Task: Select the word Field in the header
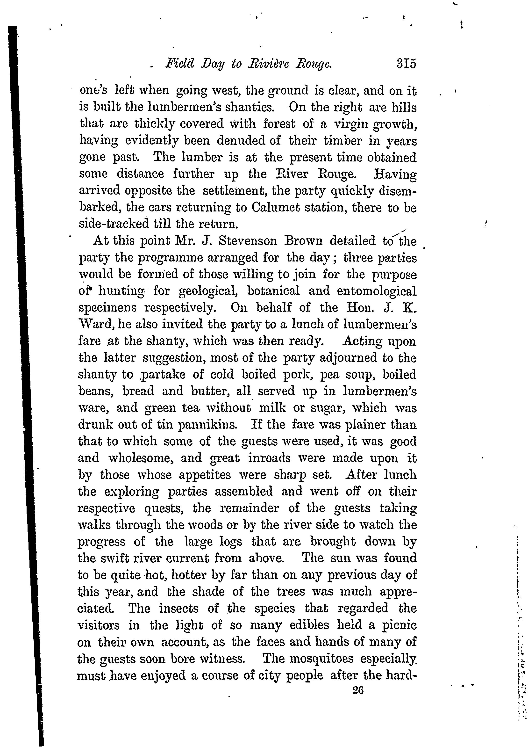(179, 63)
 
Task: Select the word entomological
(377, 291)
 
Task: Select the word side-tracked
(114, 224)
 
